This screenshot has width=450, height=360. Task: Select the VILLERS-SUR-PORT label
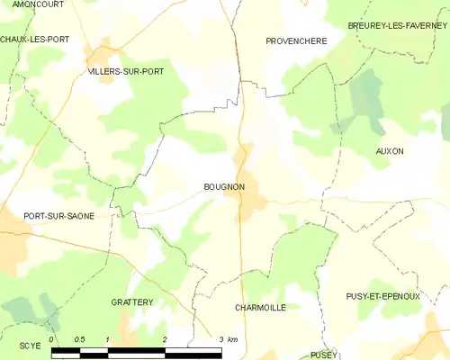(125, 70)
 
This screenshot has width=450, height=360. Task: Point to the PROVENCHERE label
(296, 41)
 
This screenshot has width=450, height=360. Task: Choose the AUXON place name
(390, 151)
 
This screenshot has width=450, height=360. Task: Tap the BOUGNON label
(219, 187)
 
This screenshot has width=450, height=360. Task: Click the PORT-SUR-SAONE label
(58, 217)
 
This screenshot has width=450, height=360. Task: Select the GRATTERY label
(132, 302)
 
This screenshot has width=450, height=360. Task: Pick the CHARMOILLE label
(260, 308)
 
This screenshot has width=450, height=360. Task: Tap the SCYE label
(30, 346)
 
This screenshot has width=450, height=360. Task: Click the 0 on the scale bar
(52, 339)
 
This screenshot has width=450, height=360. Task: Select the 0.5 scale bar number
(79, 339)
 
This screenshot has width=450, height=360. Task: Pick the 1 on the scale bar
(108, 339)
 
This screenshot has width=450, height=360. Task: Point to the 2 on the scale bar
(165, 339)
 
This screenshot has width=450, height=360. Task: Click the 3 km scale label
(228, 339)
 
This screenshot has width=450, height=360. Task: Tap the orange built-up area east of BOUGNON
(248, 193)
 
